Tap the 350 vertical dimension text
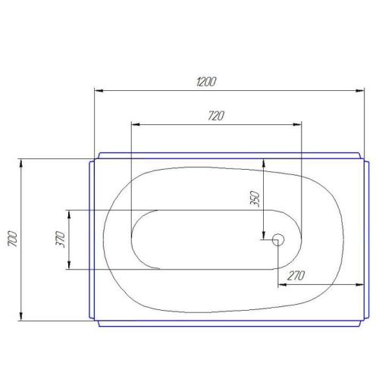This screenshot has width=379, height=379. coord(255,199)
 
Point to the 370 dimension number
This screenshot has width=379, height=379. coord(58,239)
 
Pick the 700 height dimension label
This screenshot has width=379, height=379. coord(11,240)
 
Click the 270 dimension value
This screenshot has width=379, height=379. coord(297,277)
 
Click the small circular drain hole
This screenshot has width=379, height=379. coord(277,239)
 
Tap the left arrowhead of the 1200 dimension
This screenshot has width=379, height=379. coord(99,92)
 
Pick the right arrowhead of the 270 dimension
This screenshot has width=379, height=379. coord(356,285)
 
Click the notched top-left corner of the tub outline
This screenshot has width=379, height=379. coord(94,158)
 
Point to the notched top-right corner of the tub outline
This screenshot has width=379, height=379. coord(362,158)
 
